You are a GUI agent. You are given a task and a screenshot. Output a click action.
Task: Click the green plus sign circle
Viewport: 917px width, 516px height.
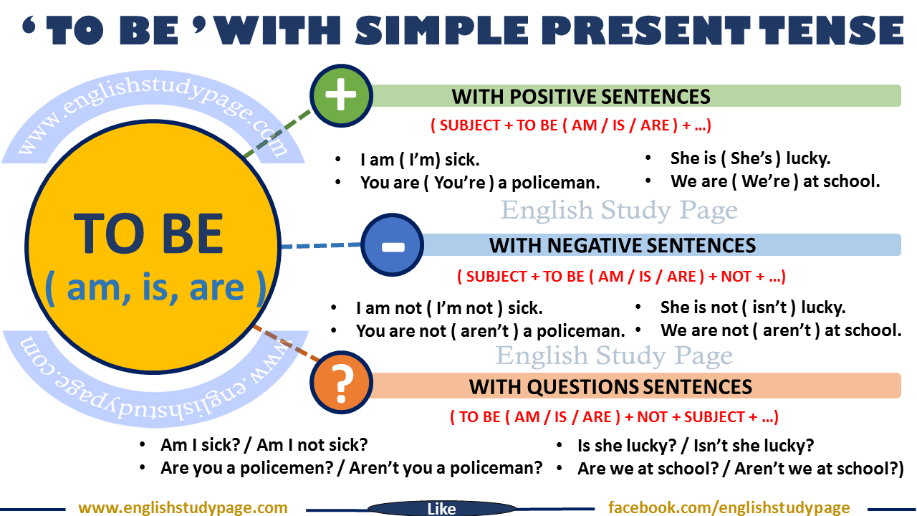pyautogui.click(x=341, y=95)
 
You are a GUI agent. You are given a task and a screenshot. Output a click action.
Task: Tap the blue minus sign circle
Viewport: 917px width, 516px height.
pyautogui.click(x=391, y=245)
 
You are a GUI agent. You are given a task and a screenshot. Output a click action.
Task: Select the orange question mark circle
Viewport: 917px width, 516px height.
pyautogui.click(x=342, y=387)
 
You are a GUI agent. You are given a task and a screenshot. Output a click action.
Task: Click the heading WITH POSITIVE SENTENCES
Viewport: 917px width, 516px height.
pyautogui.click(x=581, y=96)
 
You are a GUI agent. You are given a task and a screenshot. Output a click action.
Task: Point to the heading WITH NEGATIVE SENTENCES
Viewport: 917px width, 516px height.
pyautogui.click(x=623, y=246)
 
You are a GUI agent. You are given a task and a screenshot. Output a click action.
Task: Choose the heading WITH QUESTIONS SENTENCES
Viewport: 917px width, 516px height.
pyautogui.click(x=610, y=387)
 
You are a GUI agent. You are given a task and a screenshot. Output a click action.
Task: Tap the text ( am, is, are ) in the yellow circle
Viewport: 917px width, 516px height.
pyautogui.click(x=155, y=288)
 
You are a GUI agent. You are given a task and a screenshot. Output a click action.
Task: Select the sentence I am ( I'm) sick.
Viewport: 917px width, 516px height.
pyautogui.click(x=420, y=160)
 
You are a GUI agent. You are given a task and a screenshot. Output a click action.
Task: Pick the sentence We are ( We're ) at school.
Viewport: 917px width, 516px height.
pyautogui.click(x=775, y=181)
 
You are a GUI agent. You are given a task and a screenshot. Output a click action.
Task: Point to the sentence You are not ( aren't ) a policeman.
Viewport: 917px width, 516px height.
pyautogui.click(x=490, y=331)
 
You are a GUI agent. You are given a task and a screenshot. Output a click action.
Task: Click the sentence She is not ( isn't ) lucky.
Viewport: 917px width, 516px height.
pyautogui.click(x=752, y=307)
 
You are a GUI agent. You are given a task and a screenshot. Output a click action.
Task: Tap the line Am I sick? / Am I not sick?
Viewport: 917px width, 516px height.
pyautogui.click(x=264, y=445)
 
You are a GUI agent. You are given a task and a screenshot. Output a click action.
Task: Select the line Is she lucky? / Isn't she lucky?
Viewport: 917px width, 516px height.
pyautogui.click(x=695, y=446)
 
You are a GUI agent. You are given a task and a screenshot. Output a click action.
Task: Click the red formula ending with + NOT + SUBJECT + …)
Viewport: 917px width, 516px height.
pyautogui.click(x=614, y=417)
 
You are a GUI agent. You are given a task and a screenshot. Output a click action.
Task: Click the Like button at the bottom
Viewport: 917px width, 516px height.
pyautogui.click(x=441, y=509)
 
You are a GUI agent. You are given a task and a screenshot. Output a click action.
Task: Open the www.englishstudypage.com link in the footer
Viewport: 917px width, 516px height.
pyautogui.click(x=183, y=508)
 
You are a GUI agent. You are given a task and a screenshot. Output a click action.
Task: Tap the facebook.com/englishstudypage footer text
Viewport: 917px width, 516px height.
pyautogui.click(x=729, y=508)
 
